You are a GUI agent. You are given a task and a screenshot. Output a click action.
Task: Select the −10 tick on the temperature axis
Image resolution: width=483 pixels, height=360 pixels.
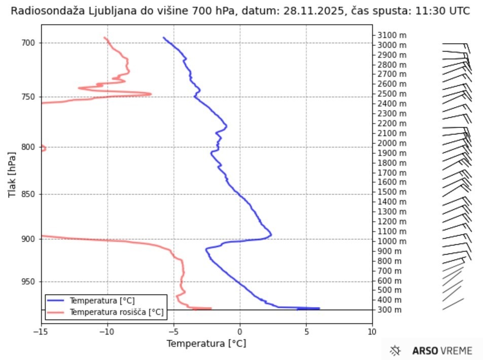[107, 332]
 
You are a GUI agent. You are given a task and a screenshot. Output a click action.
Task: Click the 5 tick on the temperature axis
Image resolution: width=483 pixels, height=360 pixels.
[306, 332]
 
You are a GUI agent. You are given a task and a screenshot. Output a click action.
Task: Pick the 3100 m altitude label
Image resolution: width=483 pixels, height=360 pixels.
[392, 35]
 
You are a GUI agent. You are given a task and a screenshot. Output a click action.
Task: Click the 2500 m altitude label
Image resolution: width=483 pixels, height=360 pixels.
[392, 94]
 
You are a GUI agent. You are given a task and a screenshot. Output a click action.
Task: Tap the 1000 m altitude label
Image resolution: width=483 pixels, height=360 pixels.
[392, 241]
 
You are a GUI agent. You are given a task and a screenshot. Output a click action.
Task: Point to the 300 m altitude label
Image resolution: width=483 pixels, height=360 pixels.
[390, 310]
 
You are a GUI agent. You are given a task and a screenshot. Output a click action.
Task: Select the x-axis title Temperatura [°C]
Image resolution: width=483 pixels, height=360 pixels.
[206, 344]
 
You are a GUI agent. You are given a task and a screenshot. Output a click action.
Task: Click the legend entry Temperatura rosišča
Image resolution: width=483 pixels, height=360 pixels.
[117, 312]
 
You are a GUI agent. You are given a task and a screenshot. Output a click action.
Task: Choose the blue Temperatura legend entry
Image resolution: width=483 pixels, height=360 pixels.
[102, 301]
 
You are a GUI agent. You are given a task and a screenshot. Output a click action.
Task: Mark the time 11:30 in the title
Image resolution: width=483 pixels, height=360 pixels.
[424, 11]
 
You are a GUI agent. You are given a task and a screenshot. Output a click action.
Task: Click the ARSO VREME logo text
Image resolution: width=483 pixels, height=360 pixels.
[442, 350]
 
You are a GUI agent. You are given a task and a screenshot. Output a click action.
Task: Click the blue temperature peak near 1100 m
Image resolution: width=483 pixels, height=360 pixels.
[271, 235]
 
